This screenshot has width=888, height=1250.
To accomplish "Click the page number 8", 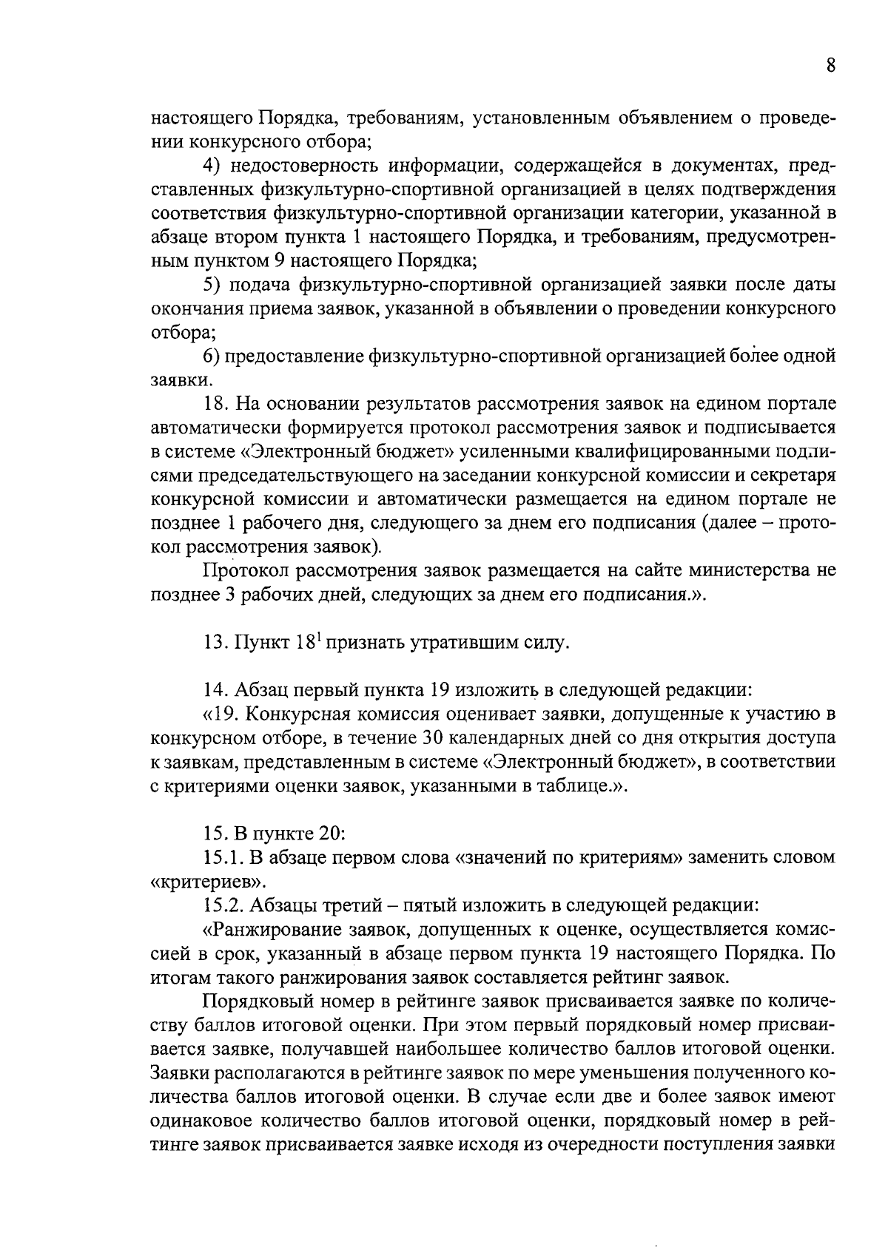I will click(831, 66).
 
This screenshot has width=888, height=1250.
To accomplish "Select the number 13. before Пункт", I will click(215, 643).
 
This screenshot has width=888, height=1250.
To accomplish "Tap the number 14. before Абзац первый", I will click(215, 691).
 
